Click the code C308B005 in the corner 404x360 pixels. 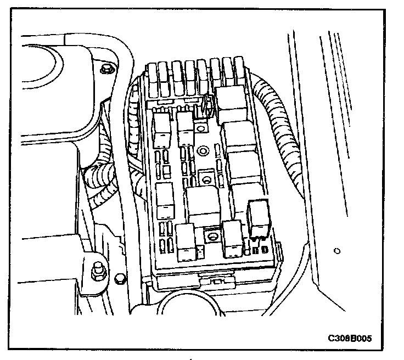[349, 338]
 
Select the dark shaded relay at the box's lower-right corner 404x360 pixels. [259, 216]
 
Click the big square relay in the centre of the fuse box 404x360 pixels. [203, 203]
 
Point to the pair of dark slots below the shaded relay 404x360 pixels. [261, 250]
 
